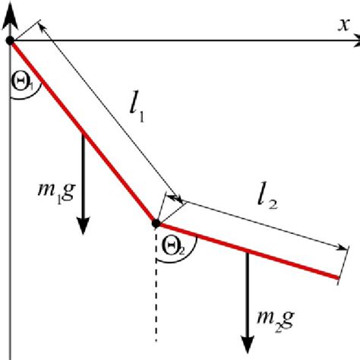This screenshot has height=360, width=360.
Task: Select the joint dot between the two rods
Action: click(156, 223)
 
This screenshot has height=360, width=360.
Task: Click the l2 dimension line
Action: click(258, 224)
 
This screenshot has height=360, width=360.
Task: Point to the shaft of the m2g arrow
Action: click(248, 296)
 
